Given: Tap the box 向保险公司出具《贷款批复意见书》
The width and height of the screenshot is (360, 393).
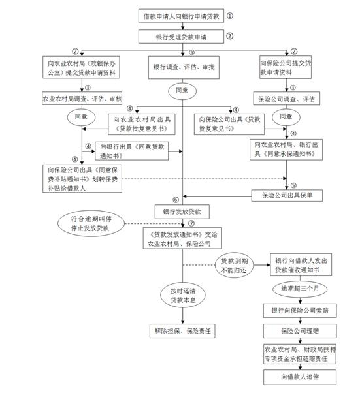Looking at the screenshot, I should coord(223,123).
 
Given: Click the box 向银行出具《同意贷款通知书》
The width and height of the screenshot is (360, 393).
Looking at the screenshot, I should coord(131,151).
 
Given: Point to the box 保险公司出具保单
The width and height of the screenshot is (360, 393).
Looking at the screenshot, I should coord(288,195).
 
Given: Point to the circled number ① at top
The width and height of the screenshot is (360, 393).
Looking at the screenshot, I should coord(229,14).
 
